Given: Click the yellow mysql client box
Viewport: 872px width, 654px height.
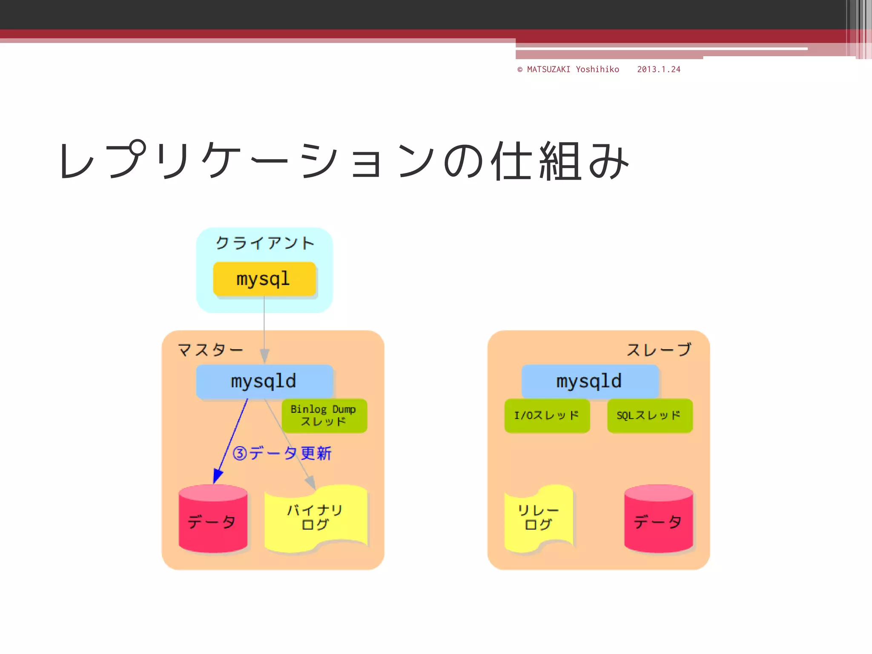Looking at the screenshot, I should point(264,279).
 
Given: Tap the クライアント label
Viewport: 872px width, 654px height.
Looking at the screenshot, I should point(264,243).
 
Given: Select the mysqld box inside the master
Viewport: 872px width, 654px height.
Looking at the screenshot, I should point(264,381).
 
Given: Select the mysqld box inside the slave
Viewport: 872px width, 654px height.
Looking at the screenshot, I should point(590,381).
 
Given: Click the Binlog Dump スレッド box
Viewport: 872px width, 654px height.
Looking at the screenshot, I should point(324,416).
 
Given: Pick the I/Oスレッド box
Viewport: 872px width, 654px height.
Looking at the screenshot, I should point(547,416).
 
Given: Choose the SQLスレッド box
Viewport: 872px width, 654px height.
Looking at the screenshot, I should point(649,416).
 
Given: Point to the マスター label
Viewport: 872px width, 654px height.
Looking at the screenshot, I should point(210,350).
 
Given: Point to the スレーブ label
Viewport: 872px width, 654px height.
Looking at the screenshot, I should point(659,350).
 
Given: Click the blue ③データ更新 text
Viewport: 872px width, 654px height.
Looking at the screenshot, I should point(282,453).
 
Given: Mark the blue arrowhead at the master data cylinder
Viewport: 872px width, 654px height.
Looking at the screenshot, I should point(217,477).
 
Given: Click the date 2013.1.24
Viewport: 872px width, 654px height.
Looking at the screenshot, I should point(659,69).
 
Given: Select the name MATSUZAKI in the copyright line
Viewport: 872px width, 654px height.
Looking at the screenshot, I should point(548,69).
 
